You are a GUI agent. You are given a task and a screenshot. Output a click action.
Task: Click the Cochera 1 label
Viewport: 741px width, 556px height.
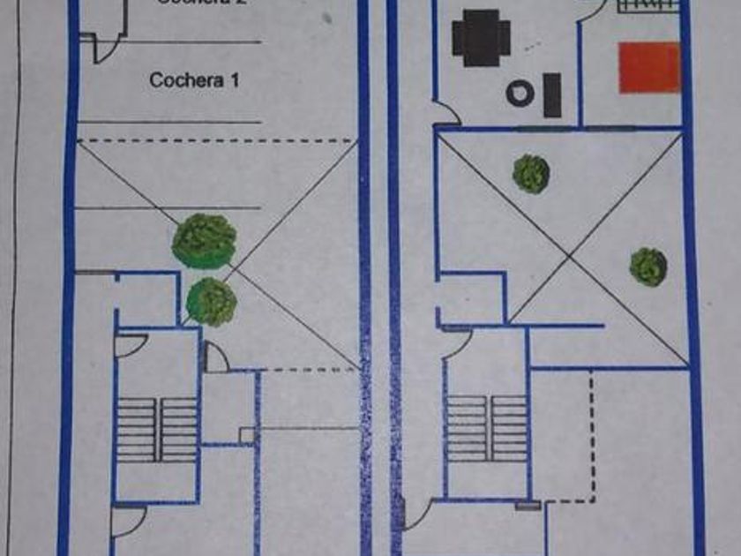tap(194, 79)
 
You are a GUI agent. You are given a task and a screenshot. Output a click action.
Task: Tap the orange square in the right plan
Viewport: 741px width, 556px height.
tap(649, 68)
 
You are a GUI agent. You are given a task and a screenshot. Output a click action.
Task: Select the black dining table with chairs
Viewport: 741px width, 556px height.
tap(482, 37)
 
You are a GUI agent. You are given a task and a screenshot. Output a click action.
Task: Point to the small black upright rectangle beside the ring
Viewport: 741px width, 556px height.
tap(552, 95)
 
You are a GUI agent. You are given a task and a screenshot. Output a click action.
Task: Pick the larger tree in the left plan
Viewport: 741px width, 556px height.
tap(204, 241)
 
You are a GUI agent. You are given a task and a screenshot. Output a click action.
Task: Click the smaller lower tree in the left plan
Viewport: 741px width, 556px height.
tap(212, 301)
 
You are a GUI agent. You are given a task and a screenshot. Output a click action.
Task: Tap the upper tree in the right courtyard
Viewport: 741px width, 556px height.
tap(531, 174)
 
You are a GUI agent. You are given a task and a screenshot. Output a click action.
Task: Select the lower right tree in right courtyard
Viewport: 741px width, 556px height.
tap(648, 267)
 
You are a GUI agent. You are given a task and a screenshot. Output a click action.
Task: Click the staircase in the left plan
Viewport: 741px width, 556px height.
tap(157, 430)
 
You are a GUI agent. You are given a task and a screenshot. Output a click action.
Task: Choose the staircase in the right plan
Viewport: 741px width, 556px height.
tap(486, 428)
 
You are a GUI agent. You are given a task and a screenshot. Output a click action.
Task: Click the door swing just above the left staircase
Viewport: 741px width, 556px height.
tap(130, 345)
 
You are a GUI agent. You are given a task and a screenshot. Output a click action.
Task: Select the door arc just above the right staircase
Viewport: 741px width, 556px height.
tap(457, 343)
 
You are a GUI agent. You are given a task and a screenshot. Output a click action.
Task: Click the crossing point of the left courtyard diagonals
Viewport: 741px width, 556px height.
tap(218, 253)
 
